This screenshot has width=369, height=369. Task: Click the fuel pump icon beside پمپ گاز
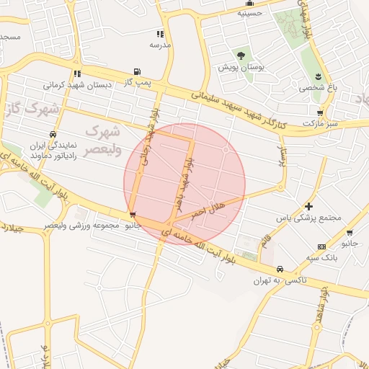(136, 71)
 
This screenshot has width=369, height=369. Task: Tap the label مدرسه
(160, 45)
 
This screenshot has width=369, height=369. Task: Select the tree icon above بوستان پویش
(241, 55)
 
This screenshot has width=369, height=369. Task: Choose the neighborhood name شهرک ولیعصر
(101, 141)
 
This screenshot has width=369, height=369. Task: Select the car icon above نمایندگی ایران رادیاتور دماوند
(53, 134)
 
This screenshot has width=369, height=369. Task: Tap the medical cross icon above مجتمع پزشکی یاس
(309, 206)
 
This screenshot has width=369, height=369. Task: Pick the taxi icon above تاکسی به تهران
(280, 269)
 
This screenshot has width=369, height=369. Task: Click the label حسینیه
(249, 13)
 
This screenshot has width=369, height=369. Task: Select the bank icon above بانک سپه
(321, 246)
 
